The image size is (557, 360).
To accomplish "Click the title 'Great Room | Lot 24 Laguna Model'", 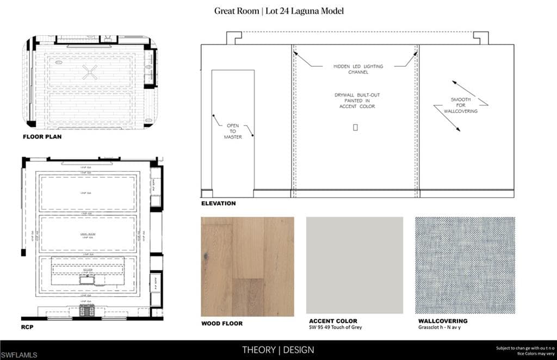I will pyautogui.click(x=278, y=11).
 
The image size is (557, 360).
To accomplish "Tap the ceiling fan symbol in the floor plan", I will pyautogui.click(x=90, y=72).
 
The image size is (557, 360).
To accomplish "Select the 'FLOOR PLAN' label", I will pyautogui.click(x=42, y=137).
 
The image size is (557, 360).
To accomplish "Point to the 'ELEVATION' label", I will pyautogui.click(x=218, y=203).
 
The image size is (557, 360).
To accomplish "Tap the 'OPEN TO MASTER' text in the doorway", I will pyautogui.click(x=233, y=131).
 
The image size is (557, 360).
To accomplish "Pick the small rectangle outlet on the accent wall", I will pyautogui.click(x=355, y=127).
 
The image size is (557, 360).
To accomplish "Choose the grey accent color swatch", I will pyautogui.click(x=354, y=265).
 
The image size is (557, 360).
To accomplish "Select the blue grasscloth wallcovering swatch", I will pyautogui.click(x=465, y=265).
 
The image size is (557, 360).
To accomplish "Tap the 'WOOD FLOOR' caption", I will pyautogui.click(x=222, y=323).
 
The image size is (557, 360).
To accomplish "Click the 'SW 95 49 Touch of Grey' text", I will pyautogui.click(x=335, y=327).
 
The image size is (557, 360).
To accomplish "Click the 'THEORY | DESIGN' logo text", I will pyautogui.click(x=278, y=350).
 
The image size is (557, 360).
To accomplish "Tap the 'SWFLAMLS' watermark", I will pyautogui.click(x=19, y=355).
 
